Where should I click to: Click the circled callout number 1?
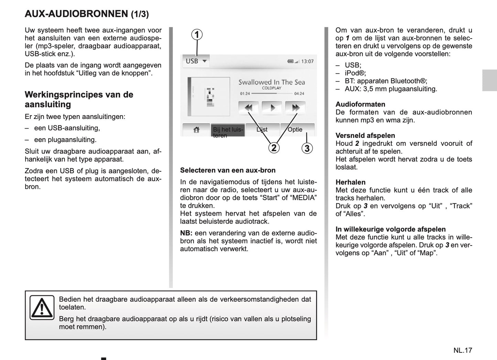pos(197,35)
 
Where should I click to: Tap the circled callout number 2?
pos(274,148)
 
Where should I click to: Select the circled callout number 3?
pos(307,149)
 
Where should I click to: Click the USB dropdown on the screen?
pos(196,61)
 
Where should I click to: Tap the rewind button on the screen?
pos(248,108)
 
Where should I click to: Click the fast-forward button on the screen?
pos(295,108)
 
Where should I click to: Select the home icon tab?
pos(196,130)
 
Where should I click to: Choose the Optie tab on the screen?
pos(295,130)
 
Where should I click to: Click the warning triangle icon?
pos(42,307)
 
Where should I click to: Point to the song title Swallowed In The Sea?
pos(272,82)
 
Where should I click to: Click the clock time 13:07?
pos(307,62)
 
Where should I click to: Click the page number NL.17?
pos(463,350)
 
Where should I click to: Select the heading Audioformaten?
pos(360,104)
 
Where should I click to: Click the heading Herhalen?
pos(350,182)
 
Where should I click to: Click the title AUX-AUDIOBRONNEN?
pos(76,14)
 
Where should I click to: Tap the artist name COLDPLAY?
pos(272,88)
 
